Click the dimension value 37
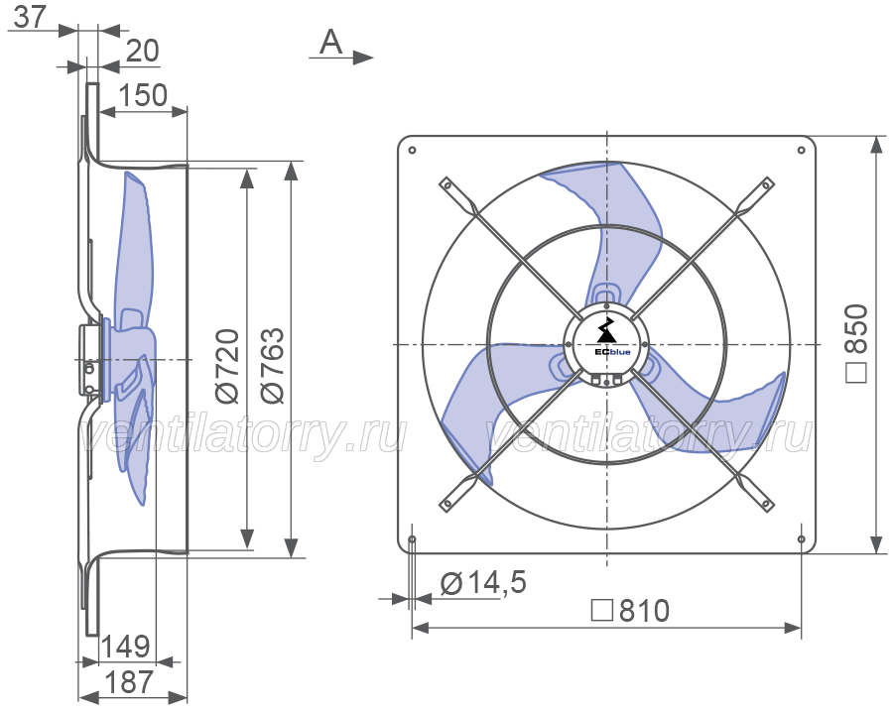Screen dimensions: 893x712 click(29, 17)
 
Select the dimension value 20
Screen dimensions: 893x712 click(142, 52)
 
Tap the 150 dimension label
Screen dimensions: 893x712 click(142, 95)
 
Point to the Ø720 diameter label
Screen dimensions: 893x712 click(228, 365)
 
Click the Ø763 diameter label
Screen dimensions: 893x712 click(272, 365)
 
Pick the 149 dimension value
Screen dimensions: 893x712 click(126, 647)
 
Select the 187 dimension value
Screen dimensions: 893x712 click(129, 682)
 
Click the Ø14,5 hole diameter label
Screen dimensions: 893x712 click(483, 583)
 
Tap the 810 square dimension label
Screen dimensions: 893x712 click(644, 611)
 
